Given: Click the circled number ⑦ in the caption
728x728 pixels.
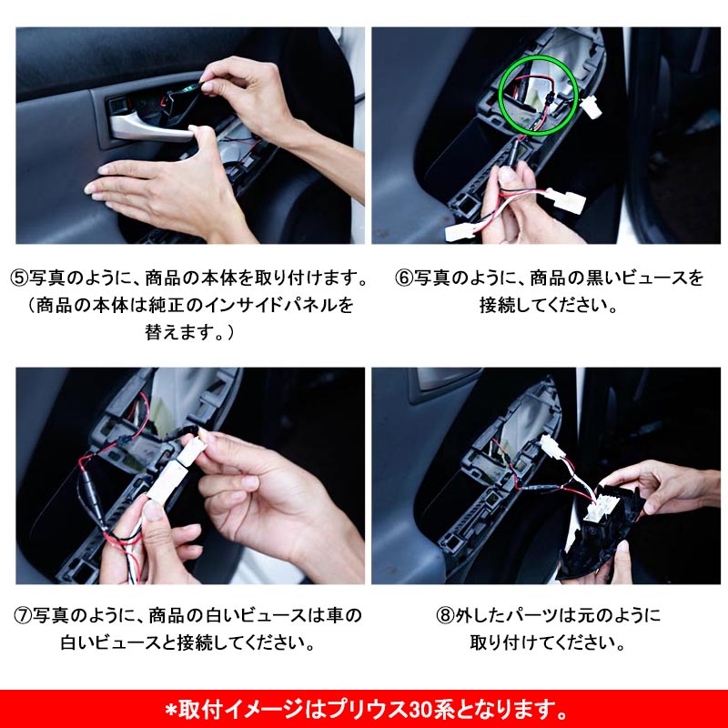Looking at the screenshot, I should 21,616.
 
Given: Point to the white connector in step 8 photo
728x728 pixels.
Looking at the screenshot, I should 551,449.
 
